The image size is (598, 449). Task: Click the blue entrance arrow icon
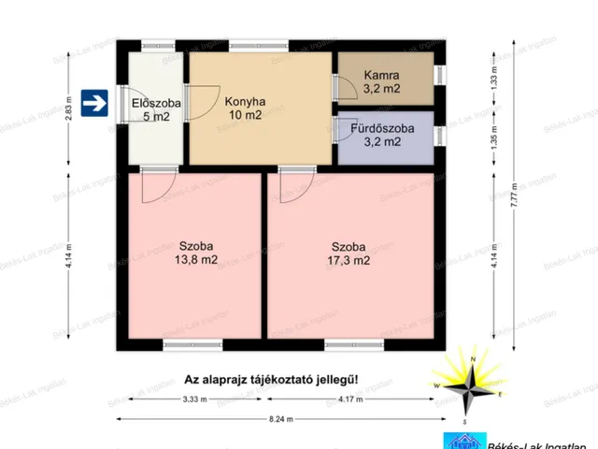pyautogui.click(x=93, y=104)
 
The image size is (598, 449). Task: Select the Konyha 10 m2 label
pyautogui.click(x=246, y=109)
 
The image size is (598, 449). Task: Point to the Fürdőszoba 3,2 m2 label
pyautogui.click(x=383, y=136)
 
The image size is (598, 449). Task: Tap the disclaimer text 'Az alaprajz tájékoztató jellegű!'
pyautogui.click(x=271, y=380)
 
